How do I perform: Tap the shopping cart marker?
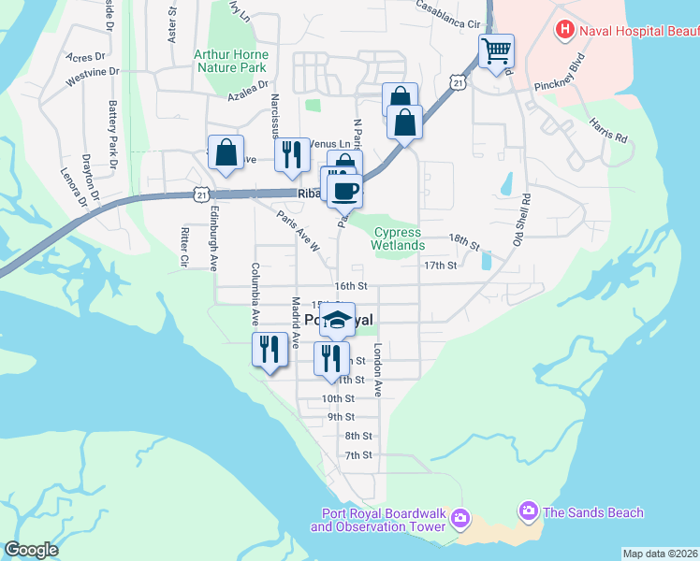pyautogui.click(x=496, y=50)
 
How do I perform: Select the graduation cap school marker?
pyautogui.click(x=337, y=319)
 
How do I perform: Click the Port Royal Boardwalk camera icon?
pyautogui.click(x=459, y=518)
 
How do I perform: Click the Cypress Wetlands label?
pyautogui.click(x=398, y=238)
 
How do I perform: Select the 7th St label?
pyautogui.click(x=357, y=455)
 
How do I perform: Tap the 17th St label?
pyautogui.click(x=440, y=266)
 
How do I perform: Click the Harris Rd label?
pyautogui.click(x=608, y=130)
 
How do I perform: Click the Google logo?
pyautogui.click(x=31, y=550)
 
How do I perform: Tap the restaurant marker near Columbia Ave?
pyautogui.click(x=268, y=350)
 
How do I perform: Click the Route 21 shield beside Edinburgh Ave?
pyautogui.click(x=201, y=194)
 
